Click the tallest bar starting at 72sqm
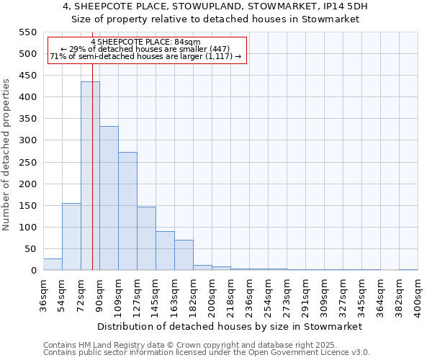[x=90, y=176]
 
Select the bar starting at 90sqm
[x=109, y=199]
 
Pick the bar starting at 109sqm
[x=127, y=212]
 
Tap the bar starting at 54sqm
[x=71, y=237]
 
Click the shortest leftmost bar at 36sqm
[x=53, y=264]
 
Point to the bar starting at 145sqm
[x=165, y=251]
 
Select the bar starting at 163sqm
[x=184, y=256]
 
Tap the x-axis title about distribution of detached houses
[x=229, y=326]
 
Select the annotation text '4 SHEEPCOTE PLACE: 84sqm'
[x=146, y=42]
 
